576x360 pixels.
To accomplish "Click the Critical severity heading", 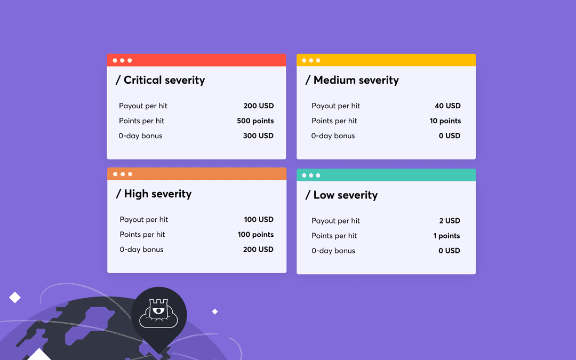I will [161, 81].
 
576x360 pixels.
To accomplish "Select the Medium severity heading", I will [352, 81].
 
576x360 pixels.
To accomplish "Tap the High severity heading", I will [154, 194].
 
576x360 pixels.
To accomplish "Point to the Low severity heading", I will [341, 195].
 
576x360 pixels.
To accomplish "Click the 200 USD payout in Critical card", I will [259, 106].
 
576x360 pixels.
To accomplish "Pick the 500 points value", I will [255, 121].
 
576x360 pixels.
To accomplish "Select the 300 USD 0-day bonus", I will [259, 136].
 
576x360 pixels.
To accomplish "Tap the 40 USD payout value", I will [447, 106].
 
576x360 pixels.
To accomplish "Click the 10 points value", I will [445, 121].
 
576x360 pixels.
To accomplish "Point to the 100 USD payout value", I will [259, 219].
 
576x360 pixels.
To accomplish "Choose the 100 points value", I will [255, 235].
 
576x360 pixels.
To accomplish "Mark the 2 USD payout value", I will [450, 221].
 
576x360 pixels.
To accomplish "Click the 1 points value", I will [446, 236].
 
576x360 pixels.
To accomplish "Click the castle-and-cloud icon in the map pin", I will [159, 314].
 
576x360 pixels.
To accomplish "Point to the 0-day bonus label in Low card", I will [333, 251].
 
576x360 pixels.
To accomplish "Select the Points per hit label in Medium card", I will [334, 121].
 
